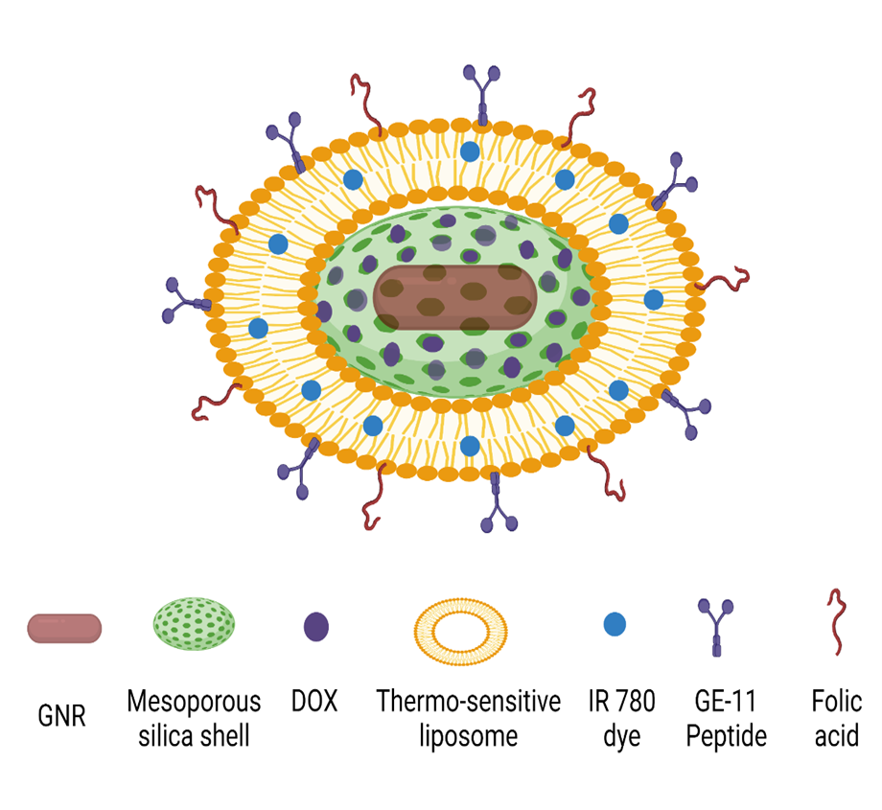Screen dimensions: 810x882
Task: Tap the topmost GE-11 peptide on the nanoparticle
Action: (x=481, y=91)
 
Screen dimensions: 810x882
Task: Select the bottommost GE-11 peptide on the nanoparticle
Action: (x=498, y=503)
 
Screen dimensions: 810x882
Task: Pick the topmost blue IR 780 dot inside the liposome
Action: (x=470, y=151)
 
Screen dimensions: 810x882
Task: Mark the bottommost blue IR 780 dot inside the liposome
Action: (x=470, y=446)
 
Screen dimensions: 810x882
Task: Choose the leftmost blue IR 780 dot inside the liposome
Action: (x=258, y=328)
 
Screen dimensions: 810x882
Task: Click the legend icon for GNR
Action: (x=63, y=628)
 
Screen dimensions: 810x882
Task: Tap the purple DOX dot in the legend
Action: (x=316, y=628)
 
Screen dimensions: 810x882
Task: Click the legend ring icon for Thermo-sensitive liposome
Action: (x=459, y=629)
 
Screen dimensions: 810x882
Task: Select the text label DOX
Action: (x=314, y=702)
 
